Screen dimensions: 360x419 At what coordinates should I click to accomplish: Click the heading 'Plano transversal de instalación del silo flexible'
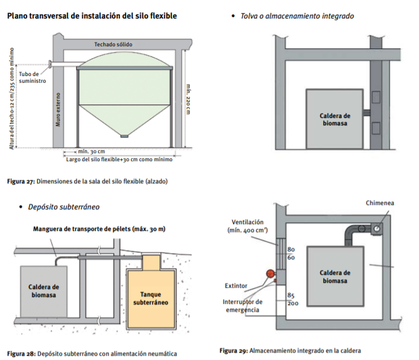click(92, 15)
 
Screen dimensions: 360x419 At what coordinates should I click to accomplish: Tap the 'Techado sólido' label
click(113, 44)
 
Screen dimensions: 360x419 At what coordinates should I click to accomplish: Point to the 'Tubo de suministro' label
click(28, 77)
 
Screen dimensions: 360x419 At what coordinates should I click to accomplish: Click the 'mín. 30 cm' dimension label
click(91, 151)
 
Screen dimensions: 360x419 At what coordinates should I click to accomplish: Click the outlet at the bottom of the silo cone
click(124, 136)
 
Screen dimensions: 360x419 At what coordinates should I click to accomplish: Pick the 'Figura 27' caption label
click(20, 182)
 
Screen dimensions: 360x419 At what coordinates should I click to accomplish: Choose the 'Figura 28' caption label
click(20, 354)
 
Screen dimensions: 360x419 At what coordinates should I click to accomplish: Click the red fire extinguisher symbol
click(269, 274)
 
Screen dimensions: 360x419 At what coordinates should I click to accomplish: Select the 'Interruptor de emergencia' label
click(242, 305)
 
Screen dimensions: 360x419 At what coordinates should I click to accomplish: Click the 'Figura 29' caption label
click(234, 350)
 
